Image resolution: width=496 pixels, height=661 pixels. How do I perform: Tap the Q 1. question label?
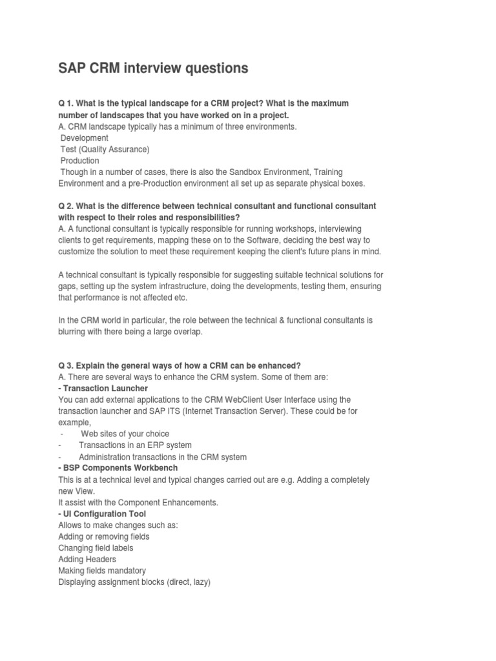click(x=67, y=103)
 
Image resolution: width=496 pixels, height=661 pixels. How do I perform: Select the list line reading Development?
click(x=85, y=138)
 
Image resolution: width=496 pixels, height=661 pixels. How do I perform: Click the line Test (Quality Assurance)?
click(x=105, y=150)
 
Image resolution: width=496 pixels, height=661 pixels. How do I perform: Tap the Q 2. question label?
click(x=67, y=206)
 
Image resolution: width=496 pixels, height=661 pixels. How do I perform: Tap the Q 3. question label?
click(x=67, y=366)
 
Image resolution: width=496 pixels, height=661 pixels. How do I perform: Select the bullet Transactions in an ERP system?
click(x=135, y=446)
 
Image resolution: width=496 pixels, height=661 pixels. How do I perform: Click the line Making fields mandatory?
click(x=102, y=571)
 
